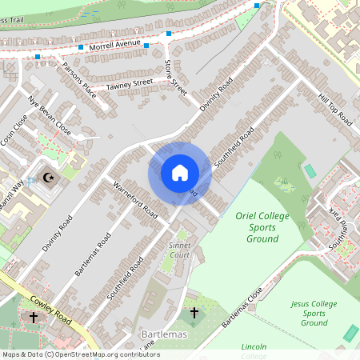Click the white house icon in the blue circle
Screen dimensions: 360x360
180,173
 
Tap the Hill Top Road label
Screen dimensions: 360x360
334,109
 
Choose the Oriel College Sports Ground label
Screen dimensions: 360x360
258,227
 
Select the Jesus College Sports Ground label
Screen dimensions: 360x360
314,313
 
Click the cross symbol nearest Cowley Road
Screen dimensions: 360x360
33,318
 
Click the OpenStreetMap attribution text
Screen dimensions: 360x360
80,354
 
